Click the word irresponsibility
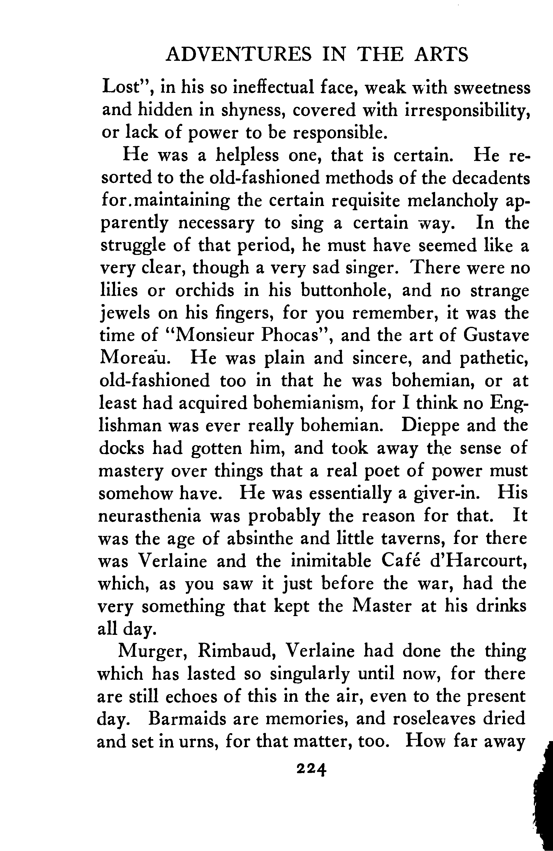[x=467, y=110]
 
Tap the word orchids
[x=206, y=290]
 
